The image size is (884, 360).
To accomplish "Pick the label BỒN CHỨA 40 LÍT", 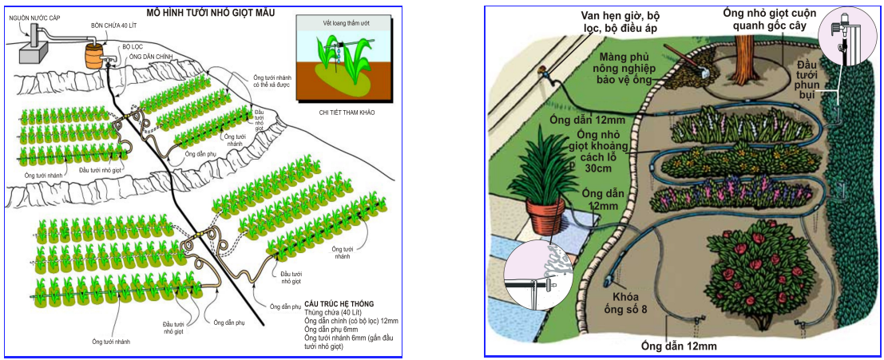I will coord(110,26).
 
